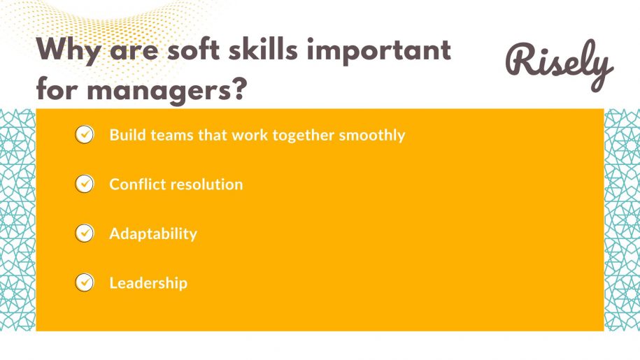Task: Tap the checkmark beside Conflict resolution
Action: (x=84, y=184)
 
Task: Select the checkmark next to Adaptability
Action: (x=84, y=233)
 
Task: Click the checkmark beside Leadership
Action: (x=84, y=282)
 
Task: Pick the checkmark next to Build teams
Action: (x=84, y=134)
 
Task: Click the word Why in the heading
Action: (x=69, y=51)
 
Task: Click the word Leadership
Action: (x=148, y=283)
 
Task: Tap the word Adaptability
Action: (x=153, y=234)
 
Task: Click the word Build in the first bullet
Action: (x=125, y=135)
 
